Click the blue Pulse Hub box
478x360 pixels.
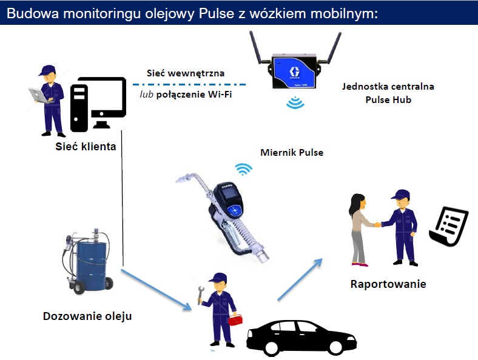pos(294,73)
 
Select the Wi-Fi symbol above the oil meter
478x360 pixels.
pos(244,168)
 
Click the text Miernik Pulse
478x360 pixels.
pos(291,153)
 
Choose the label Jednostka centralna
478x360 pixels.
pos(396,87)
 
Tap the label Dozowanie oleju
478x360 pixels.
pos(87,316)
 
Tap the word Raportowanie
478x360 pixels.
pos(388,284)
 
